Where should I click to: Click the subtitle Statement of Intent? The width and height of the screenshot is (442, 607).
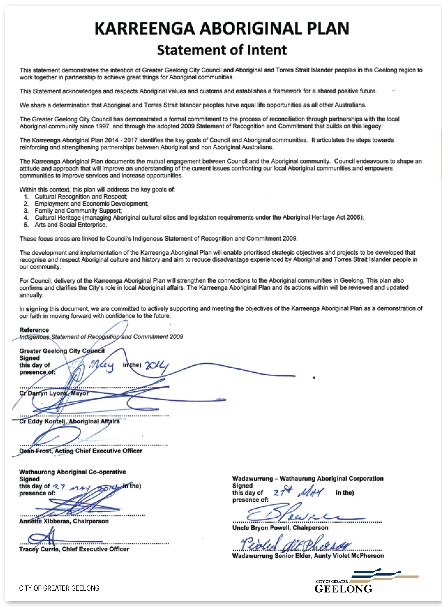[222, 50]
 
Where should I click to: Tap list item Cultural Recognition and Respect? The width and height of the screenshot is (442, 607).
[81, 197]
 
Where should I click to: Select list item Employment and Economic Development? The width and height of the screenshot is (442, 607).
[91, 204]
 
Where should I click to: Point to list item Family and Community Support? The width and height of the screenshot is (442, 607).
[78, 211]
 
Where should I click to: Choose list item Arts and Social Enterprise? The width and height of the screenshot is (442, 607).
[71, 225]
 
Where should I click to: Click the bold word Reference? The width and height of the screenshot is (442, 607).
[34, 330]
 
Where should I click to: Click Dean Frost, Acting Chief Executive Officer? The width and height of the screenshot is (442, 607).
[80, 451]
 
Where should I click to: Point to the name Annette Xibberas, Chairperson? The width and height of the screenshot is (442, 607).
[64, 521]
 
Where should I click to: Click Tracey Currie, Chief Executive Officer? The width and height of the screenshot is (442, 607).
[74, 549]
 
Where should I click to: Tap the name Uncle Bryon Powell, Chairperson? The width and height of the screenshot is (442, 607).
[280, 528]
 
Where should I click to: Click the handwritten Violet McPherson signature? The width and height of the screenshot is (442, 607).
[294, 543]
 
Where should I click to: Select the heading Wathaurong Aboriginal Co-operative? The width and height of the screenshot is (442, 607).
[72, 472]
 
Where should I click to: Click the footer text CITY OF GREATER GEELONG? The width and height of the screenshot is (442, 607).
[59, 588]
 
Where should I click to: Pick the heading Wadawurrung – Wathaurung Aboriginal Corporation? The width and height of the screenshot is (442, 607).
[308, 478]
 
